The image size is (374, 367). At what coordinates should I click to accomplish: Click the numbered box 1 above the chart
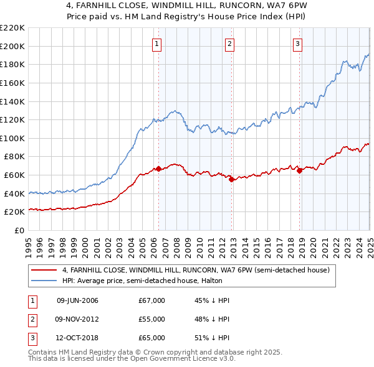click(x=156, y=44)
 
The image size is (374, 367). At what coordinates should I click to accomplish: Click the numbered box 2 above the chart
click(x=230, y=44)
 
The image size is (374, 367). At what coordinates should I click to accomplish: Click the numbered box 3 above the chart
click(x=297, y=44)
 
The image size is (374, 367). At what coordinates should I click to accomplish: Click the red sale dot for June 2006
click(x=158, y=169)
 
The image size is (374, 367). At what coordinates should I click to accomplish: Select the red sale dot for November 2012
click(x=232, y=180)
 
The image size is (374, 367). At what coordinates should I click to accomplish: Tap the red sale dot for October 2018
click(x=299, y=170)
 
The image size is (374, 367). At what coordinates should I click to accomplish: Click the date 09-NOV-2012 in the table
click(x=77, y=319)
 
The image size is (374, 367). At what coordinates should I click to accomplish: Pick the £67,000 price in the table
click(x=151, y=300)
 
